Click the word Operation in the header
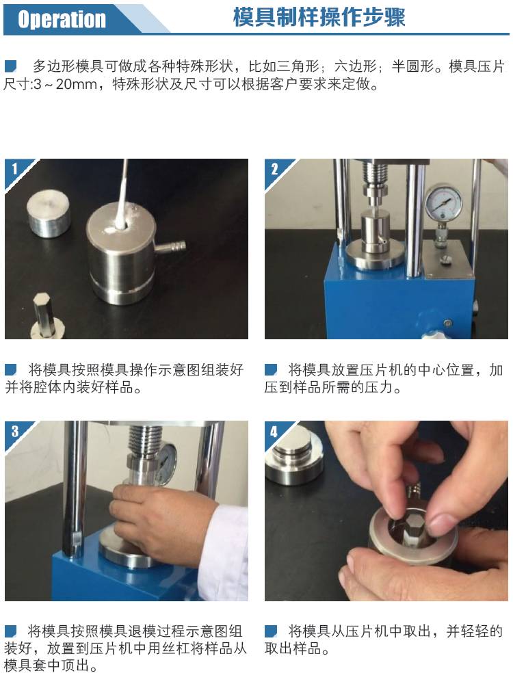tap(62, 19)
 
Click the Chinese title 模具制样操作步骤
tap(319, 18)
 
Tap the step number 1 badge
tap(14, 168)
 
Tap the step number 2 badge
tap(274, 168)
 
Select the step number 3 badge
tap(15, 431)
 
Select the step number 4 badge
tap(274, 432)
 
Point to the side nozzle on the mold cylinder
tap(170, 248)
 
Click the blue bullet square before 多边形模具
tap(10, 66)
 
